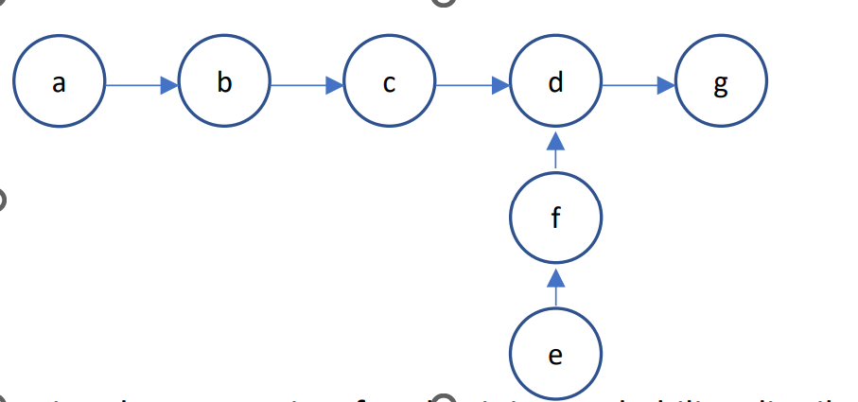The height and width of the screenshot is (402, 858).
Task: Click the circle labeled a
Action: (60, 84)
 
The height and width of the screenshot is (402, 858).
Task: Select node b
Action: (224, 84)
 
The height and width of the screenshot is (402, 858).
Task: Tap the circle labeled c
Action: (390, 84)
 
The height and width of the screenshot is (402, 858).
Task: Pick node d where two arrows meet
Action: (555, 84)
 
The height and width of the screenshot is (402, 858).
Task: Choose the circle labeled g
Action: (721, 84)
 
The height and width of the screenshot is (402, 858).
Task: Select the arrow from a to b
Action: (137, 85)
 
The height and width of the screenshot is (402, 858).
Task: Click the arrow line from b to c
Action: (303, 85)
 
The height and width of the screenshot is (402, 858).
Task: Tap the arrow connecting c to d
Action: (468, 85)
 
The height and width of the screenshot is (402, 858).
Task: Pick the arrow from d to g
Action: (634, 85)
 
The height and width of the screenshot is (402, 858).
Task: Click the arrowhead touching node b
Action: (169, 85)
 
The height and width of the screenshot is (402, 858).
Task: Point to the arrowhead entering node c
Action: (335, 85)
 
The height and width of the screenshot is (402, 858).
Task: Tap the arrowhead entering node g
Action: (666, 85)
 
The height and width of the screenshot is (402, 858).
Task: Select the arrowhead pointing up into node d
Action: (555, 141)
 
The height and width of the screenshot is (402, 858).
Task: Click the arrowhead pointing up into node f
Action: (555, 277)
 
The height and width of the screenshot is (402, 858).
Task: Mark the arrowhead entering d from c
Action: (500, 85)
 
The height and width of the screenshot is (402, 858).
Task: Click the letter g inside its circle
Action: (721, 86)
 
